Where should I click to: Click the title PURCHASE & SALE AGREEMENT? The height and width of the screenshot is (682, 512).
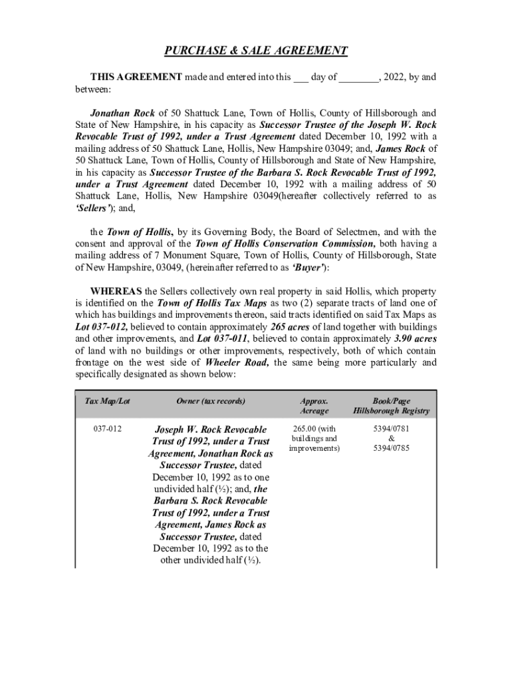coord(256,51)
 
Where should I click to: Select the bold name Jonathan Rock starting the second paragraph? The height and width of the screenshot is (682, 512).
coord(122,113)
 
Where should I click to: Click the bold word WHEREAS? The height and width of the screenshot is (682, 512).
coord(116,292)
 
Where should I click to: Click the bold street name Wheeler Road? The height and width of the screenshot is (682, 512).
coord(237,363)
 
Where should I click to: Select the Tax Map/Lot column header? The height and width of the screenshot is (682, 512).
coord(108,402)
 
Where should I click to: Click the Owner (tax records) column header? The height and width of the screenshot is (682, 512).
coord(211,402)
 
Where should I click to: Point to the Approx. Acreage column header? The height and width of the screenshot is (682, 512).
coord(314,406)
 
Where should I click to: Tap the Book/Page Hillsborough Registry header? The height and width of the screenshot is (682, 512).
coord(391,406)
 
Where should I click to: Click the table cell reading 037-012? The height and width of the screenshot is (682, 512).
coord(108,429)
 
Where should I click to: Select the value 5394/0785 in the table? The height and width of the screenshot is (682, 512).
coord(391,448)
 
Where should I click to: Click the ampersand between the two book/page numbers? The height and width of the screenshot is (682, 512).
coord(391,439)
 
